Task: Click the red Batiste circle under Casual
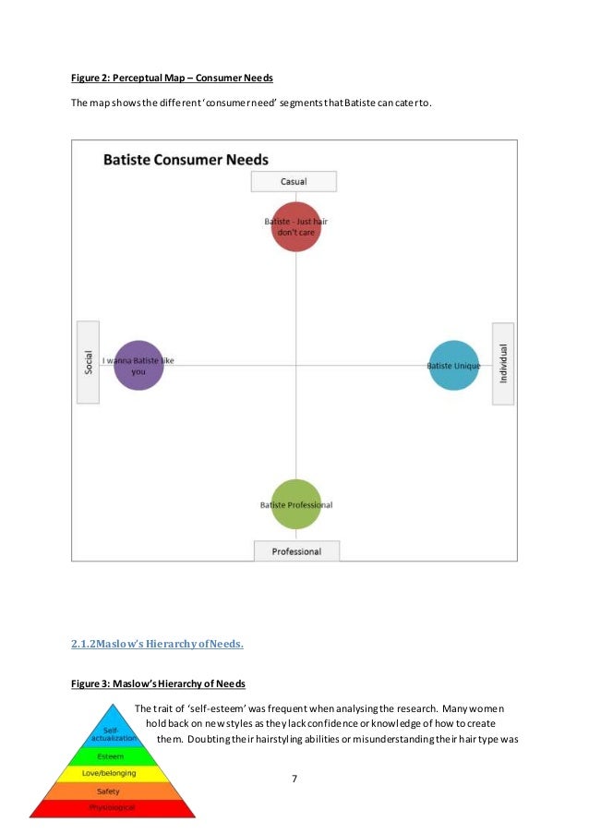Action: click(x=295, y=226)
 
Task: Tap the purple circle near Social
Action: click(x=138, y=365)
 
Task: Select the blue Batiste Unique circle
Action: click(x=454, y=366)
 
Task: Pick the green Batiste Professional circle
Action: click(x=296, y=504)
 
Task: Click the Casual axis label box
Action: click(x=294, y=181)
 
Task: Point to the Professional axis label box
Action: click(x=296, y=551)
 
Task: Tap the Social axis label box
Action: click(x=89, y=361)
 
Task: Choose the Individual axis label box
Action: click(x=502, y=362)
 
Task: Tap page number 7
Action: click(x=294, y=779)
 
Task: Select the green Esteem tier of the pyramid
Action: click(x=113, y=756)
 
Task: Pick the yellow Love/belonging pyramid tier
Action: click(x=111, y=773)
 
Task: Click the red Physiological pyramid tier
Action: click(x=112, y=808)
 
